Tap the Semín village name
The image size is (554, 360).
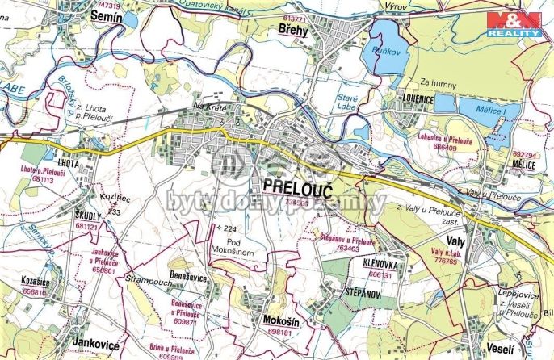click(x=107, y=15)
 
